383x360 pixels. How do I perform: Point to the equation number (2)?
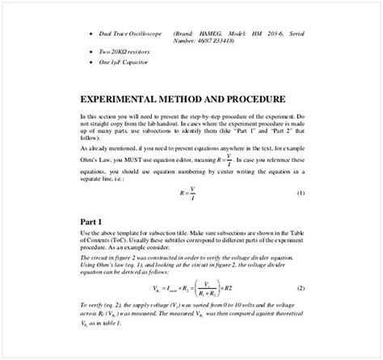coord(301,289)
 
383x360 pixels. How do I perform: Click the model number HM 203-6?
coord(268,33)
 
